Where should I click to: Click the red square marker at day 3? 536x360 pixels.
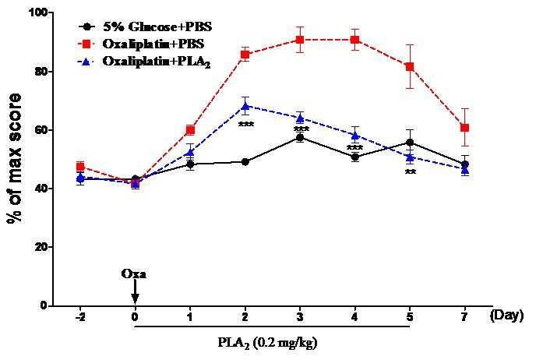[x=300, y=40]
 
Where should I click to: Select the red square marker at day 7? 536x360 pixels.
[x=464, y=128]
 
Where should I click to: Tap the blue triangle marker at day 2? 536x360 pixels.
[x=245, y=106]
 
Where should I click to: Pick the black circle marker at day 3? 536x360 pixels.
[x=300, y=138]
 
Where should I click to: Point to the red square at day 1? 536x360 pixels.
[x=190, y=130]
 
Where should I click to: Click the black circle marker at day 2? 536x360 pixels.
[x=245, y=162]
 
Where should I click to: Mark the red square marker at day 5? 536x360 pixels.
[x=410, y=66]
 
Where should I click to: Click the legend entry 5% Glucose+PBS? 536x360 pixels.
[x=157, y=26]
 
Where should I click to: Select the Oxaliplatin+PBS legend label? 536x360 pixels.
[x=153, y=44]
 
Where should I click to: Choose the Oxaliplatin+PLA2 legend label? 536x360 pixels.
[x=157, y=62]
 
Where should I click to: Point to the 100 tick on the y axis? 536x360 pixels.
[x=40, y=12]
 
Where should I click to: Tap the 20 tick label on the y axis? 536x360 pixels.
[x=42, y=247]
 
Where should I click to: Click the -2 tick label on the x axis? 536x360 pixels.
[x=80, y=317]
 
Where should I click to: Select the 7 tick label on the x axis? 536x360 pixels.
[x=464, y=317]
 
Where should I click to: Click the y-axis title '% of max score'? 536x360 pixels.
[x=14, y=158]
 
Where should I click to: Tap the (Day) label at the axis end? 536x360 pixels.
[x=506, y=316]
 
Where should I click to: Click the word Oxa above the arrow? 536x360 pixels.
[x=133, y=274]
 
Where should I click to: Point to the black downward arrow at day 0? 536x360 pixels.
[x=135, y=291]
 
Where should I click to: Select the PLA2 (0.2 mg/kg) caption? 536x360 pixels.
[x=268, y=343]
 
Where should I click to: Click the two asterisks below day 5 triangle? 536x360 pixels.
[x=411, y=173]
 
